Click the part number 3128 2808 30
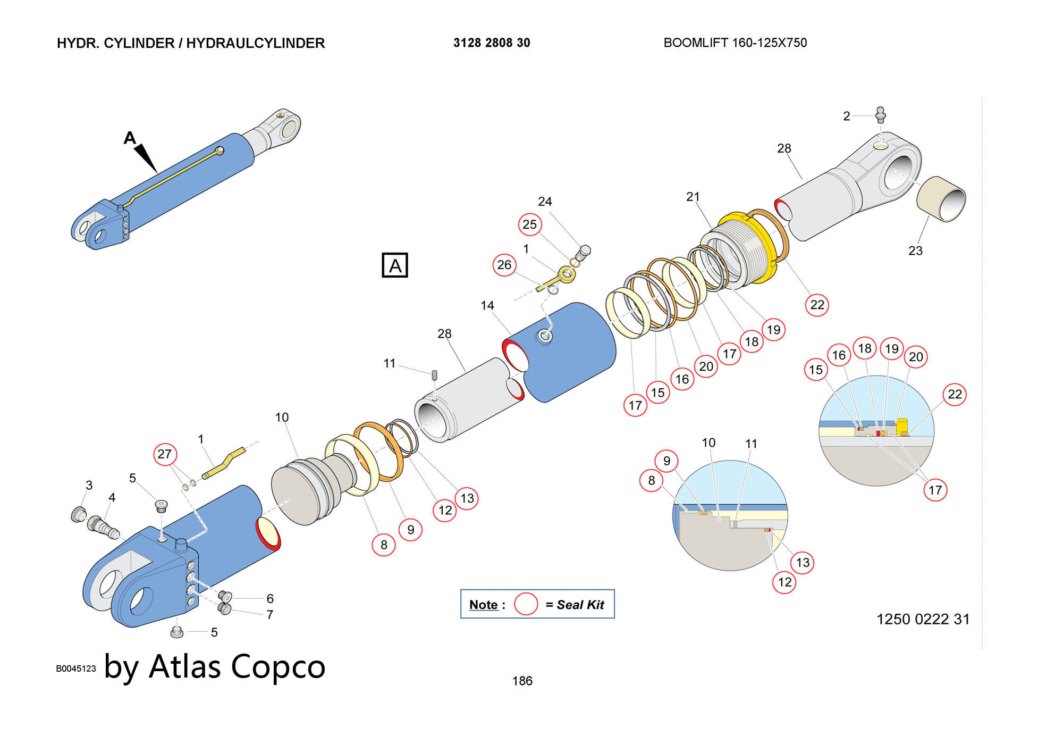(492, 43)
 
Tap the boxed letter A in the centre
(395, 265)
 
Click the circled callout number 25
(530, 224)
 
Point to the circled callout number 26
(504, 265)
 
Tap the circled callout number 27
(165, 454)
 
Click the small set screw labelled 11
(435, 374)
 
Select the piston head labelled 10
(303, 492)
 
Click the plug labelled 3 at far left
(79, 514)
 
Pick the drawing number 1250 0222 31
(923, 619)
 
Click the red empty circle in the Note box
(526, 604)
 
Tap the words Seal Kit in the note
(580, 605)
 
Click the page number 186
(522, 681)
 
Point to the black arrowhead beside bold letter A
(146, 157)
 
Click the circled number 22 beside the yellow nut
(817, 305)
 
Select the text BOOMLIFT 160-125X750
(735, 43)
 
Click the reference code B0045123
(76, 669)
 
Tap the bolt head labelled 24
(584, 250)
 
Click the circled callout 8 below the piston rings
(384, 545)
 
